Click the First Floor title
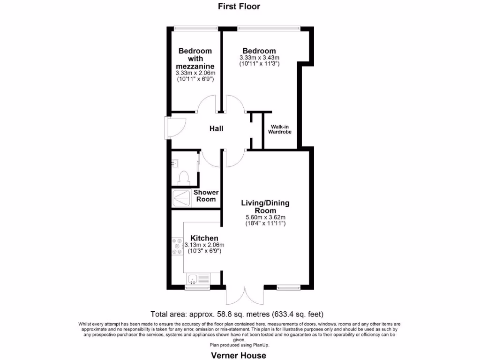pos(239,6)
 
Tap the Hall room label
pos(216,129)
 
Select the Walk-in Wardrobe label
pos(279,129)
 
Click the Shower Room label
pos(206,195)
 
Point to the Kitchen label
pos(204,238)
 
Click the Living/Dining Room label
pos(265,207)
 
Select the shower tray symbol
pos(181,198)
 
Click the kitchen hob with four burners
pos(177,246)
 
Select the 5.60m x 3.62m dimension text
pos(265,217)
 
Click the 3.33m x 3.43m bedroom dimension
pos(259,58)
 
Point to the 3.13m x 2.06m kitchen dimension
pos(204,245)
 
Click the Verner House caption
pos(239,355)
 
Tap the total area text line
pos(237,314)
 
